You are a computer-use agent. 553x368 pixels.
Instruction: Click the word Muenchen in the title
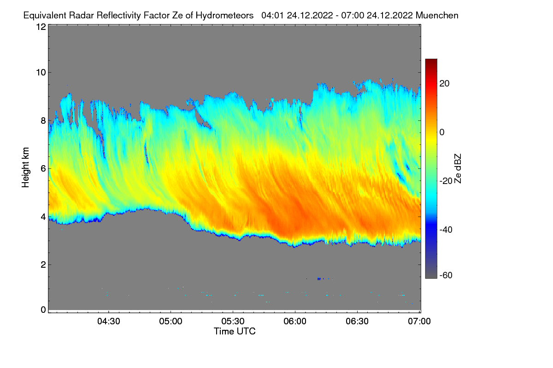(x=437, y=15)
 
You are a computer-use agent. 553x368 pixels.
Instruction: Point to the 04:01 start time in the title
(x=272, y=15)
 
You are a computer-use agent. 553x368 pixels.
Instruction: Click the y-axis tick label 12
(x=40, y=27)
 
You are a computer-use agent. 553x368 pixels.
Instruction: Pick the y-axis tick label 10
(x=40, y=72)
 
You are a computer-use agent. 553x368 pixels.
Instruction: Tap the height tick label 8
(x=42, y=121)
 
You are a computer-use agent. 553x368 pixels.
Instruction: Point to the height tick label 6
(x=42, y=168)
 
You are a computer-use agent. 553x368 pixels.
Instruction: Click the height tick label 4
(x=42, y=216)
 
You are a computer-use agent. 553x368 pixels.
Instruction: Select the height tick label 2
(x=42, y=264)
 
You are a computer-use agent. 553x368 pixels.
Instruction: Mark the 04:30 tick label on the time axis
(x=108, y=322)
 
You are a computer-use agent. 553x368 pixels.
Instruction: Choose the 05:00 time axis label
(x=171, y=322)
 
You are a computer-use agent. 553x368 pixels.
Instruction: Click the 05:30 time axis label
(x=233, y=322)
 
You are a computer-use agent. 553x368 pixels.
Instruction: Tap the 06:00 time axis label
(x=295, y=322)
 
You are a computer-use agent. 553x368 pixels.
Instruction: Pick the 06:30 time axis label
(x=357, y=322)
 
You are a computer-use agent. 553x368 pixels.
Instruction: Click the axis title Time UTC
(x=235, y=331)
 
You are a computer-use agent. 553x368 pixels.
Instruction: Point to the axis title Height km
(x=25, y=168)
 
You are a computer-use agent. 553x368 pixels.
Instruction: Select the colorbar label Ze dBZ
(x=458, y=168)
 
